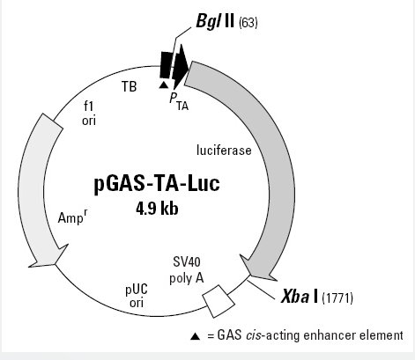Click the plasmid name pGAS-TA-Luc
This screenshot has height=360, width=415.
[x=157, y=184]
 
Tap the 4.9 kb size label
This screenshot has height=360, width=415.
[x=157, y=209]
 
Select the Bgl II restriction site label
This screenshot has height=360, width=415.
[x=215, y=21]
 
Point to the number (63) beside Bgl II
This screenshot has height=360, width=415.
[x=248, y=23]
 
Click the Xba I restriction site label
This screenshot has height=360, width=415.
[x=300, y=297]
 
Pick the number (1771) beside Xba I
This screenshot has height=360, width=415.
[x=337, y=298]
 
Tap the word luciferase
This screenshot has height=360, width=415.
[x=224, y=151]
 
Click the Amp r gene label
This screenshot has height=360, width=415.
[x=73, y=217]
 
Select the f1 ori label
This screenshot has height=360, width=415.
[x=89, y=114]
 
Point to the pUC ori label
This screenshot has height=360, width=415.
[x=137, y=296]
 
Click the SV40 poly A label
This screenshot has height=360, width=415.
[x=187, y=269]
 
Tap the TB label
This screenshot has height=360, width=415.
[x=130, y=86]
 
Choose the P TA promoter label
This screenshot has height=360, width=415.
[x=179, y=102]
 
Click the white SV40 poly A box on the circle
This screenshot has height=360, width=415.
[x=219, y=301]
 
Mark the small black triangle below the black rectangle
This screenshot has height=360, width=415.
[x=164, y=84]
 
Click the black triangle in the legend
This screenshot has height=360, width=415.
[x=195, y=336]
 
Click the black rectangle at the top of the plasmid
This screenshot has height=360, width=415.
[x=166, y=65]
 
